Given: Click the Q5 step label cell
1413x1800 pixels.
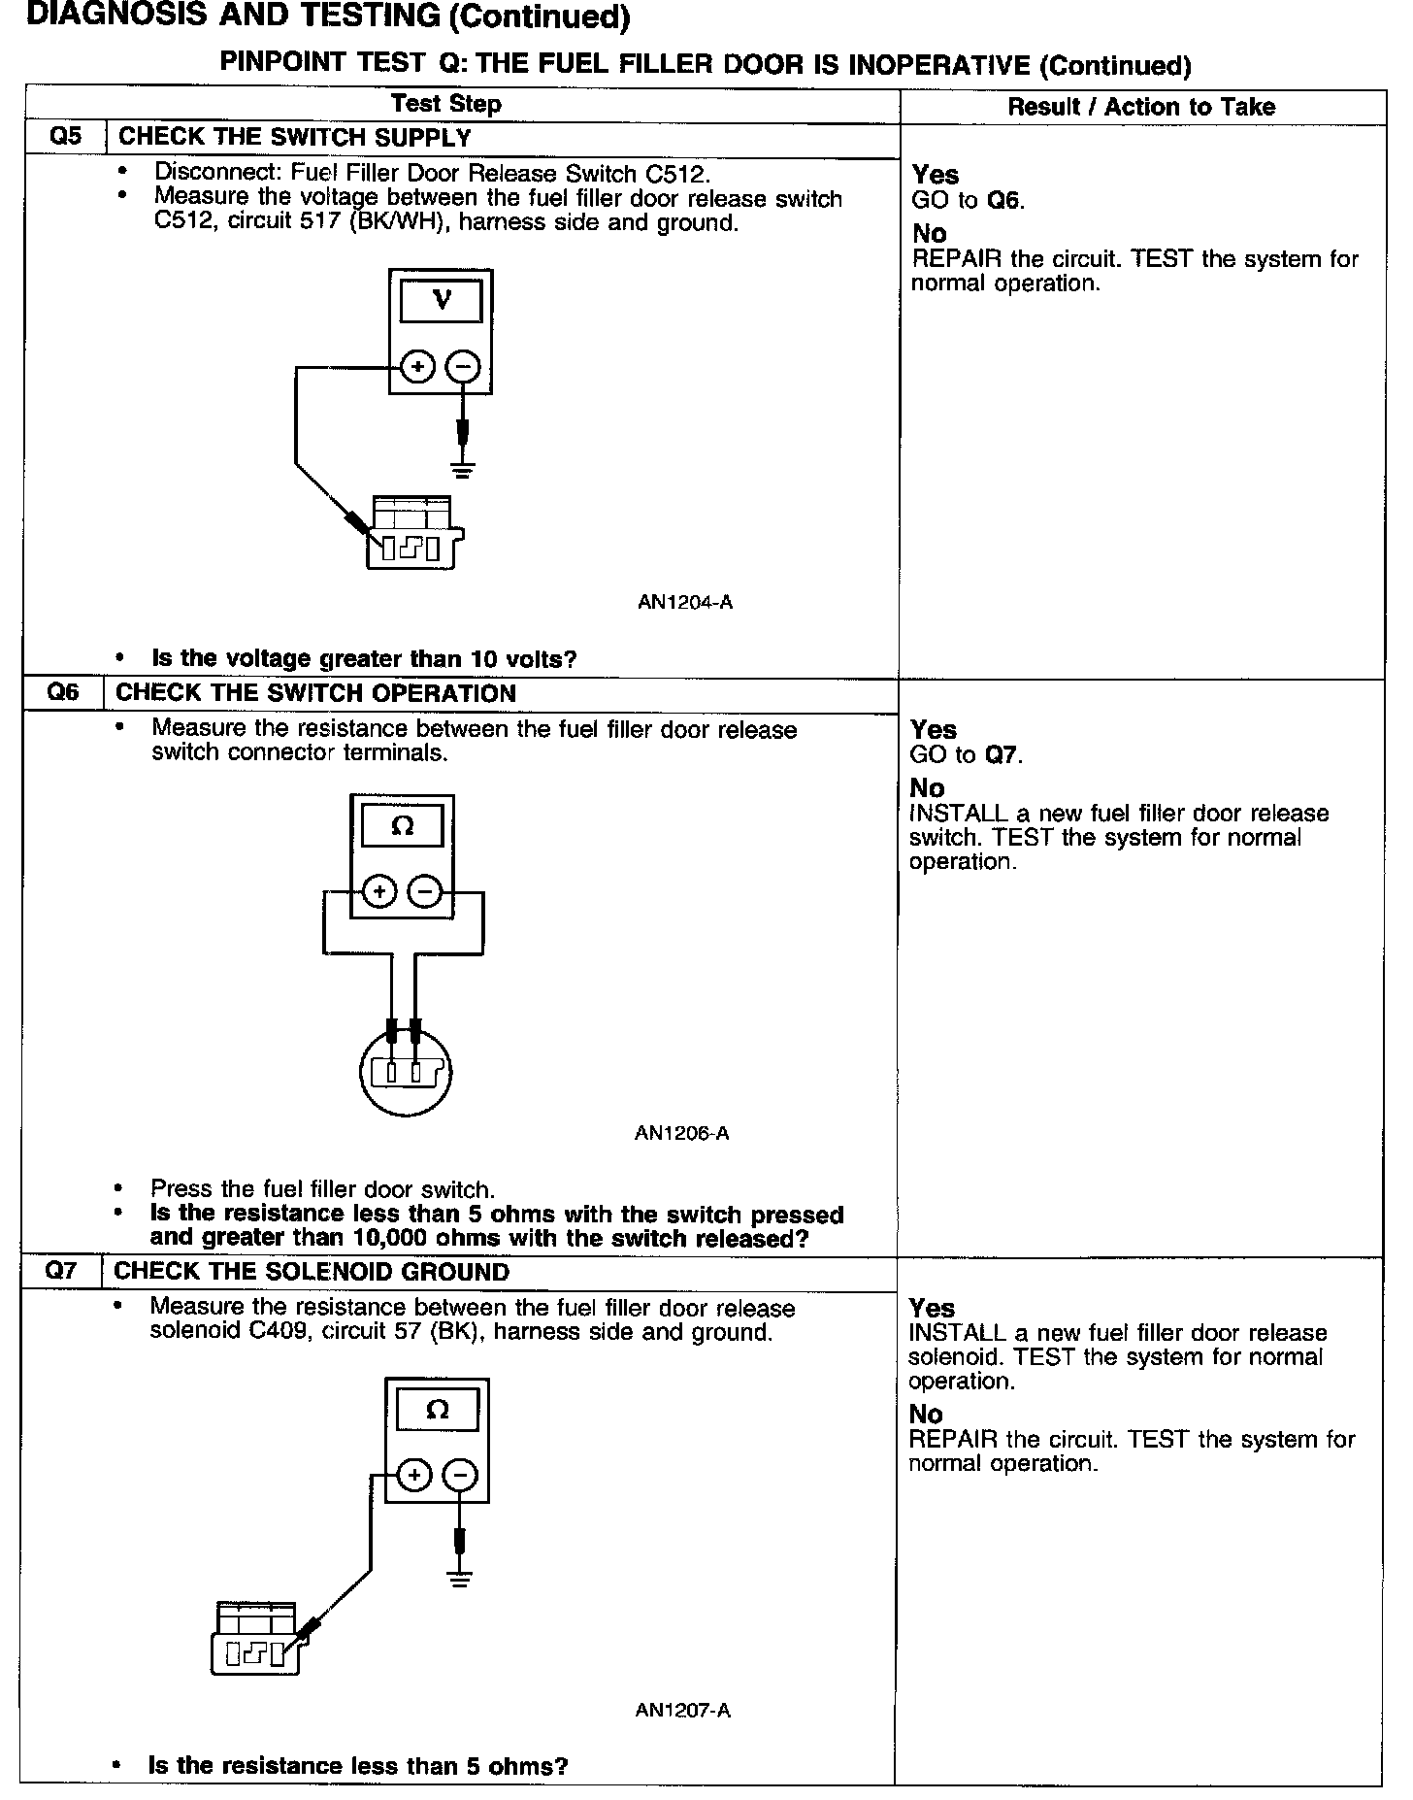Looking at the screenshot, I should click(65, 137).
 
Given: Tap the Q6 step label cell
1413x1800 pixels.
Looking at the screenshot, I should click(63, 693).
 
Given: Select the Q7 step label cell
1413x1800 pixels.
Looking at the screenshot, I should click(61, 1271).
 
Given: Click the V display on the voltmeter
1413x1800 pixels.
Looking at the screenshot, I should click(441, 300).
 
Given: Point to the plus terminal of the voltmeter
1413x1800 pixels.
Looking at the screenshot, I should click(417, 368).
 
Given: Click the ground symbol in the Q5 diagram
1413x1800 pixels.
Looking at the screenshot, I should click(464, 471).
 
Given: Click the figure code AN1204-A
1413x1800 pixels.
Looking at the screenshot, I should click(684, 602).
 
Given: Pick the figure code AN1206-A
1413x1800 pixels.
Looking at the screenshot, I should click(681, 1133).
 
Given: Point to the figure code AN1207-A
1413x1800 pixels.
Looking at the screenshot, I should click(682, 1711).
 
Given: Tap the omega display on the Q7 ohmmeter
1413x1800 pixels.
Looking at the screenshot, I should click(437, 1411).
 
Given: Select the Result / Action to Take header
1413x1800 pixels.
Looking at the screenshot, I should click(1141, 107).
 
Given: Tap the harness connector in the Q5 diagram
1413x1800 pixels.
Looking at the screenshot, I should click(413, 534).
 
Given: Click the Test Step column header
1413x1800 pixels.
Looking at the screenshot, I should click(445, 104).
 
